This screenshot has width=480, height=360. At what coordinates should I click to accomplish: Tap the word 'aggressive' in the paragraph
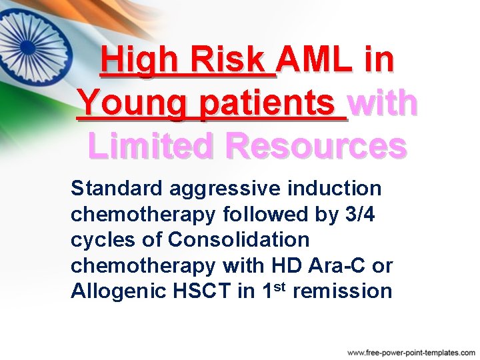pyautogui.click(x=224, y=189)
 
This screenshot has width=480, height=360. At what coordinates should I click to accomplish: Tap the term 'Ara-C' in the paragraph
pyautogui.click(x=335, y=265)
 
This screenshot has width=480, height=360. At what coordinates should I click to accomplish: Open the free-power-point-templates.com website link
pyautogui.click(x=411, y=351)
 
